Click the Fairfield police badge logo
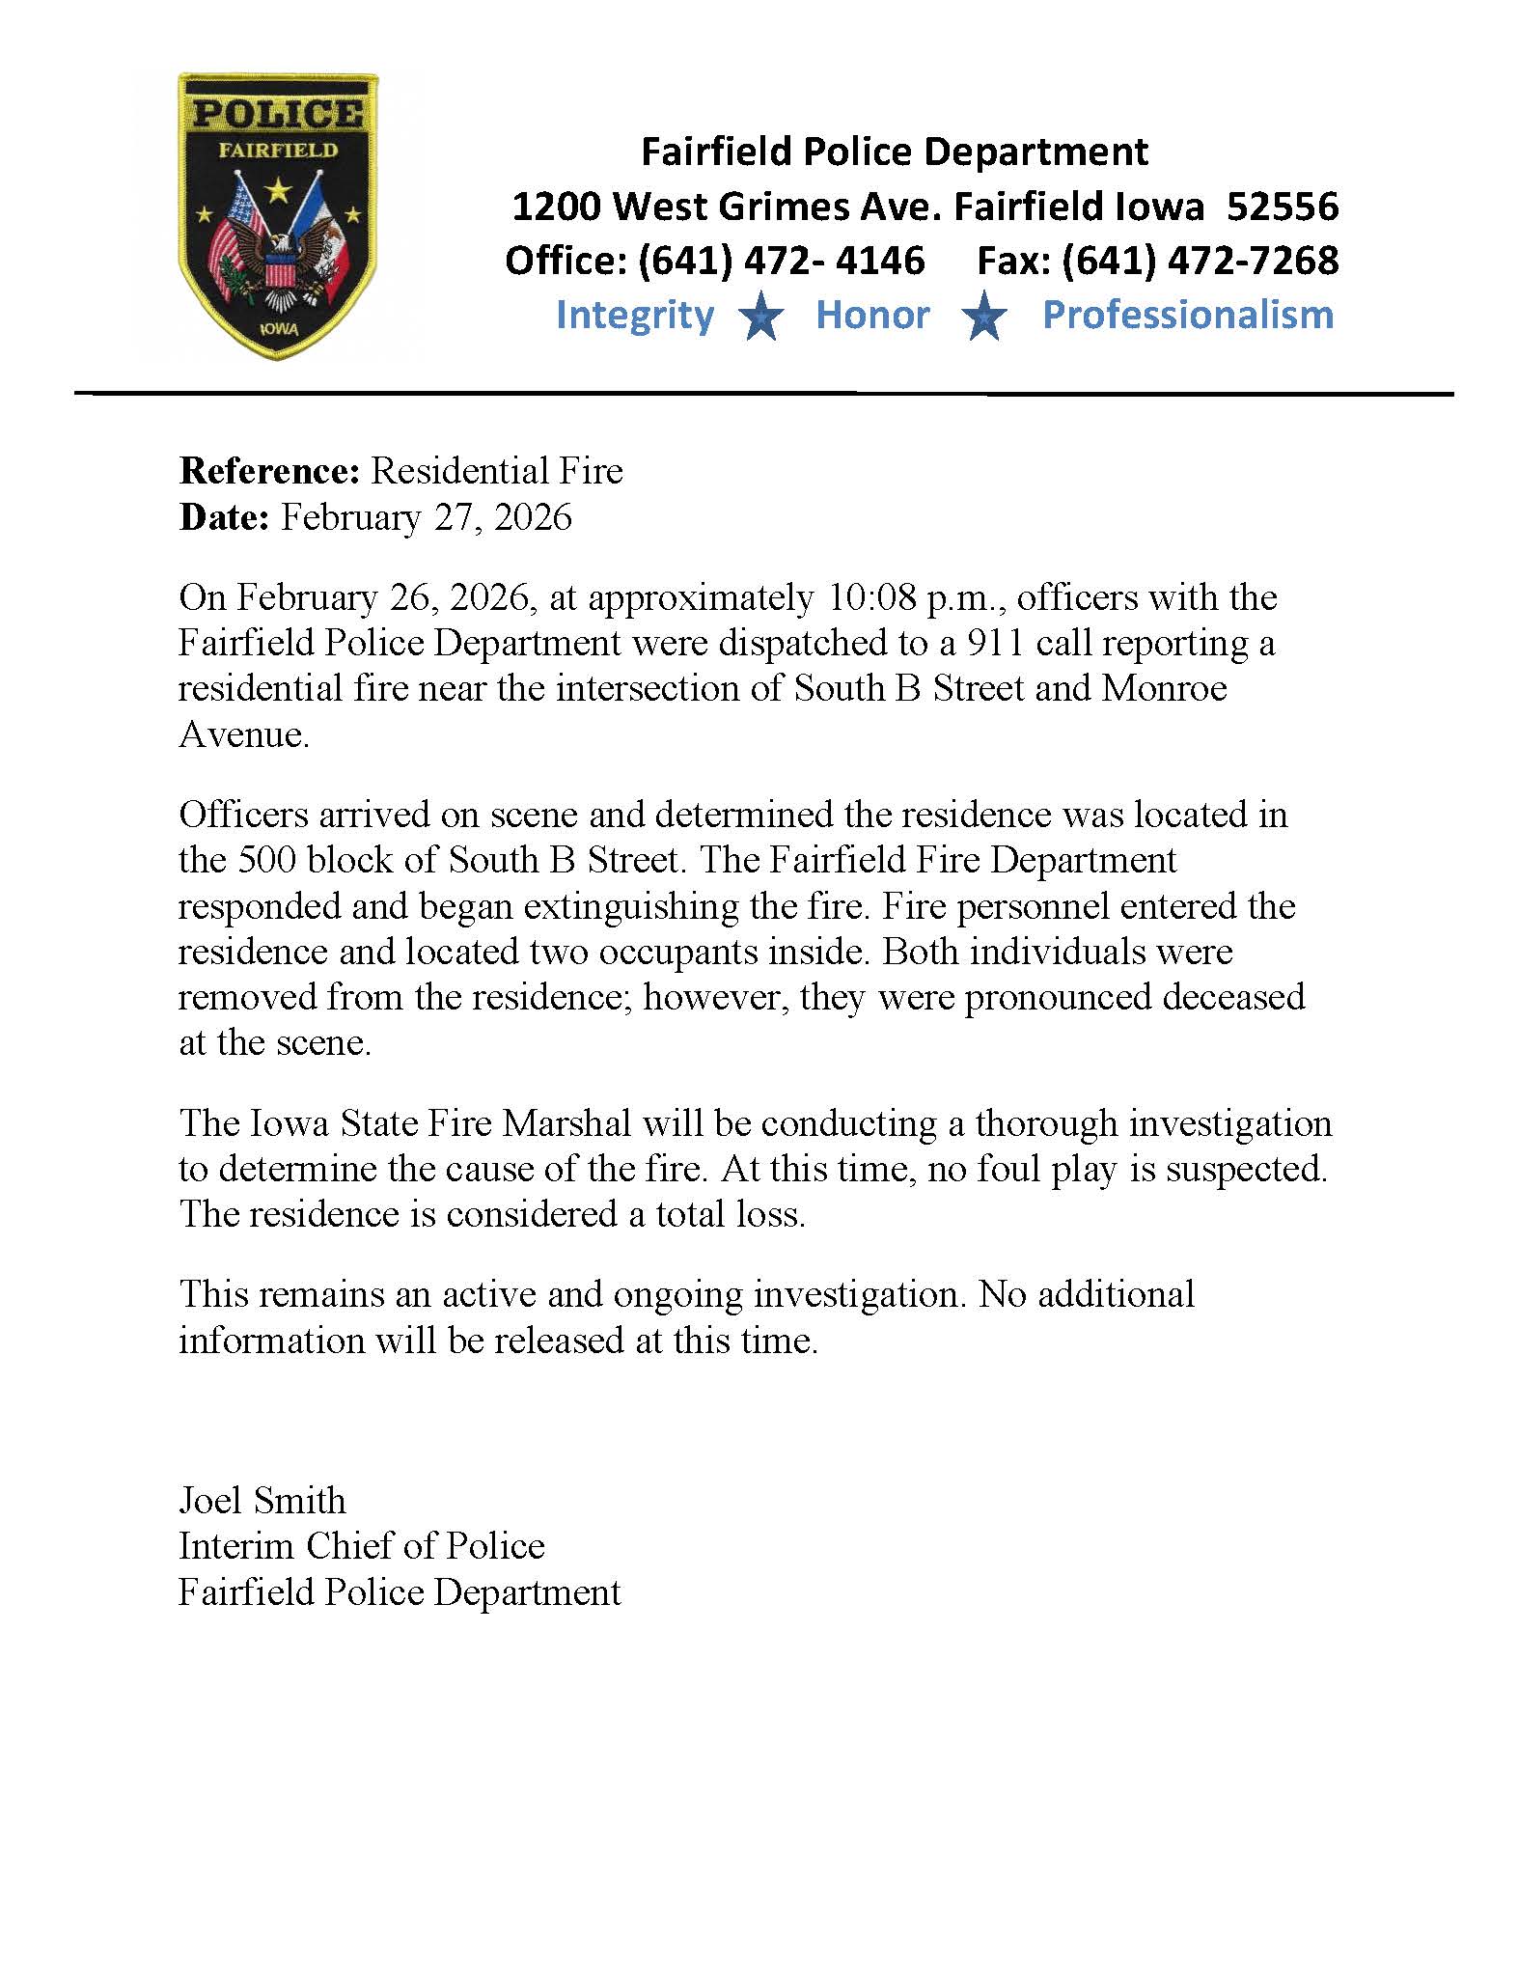pos(278,216)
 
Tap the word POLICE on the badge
pos(278,114)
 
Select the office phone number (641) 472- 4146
pos(781,261)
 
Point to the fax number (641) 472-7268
pos(1200,261)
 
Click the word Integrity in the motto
pos(634,316)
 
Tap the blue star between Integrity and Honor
pos(762,318)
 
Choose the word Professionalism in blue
pos(1188,316)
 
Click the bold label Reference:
pos(269,471)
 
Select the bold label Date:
pos(224,517)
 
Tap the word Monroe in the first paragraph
pos(1164,688)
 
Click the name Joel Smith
pos(262,1501)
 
